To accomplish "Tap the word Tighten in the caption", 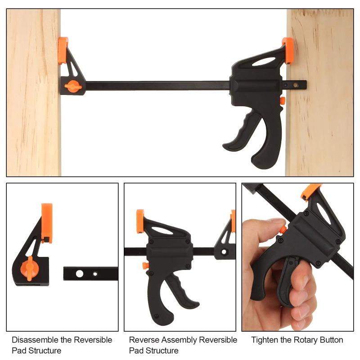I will click(x=264, y=340).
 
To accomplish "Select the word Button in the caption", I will click(x=330, y=340).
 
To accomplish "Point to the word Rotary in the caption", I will click(x=301, y=340).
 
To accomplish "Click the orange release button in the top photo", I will click(x=282, y=101).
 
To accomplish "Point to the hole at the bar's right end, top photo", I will click(x=296, y=85).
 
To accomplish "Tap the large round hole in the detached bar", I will click(x=79, y=273).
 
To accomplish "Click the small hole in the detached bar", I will click(x=95, y=273).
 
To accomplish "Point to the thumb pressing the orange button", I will click(x=275, y=225).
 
